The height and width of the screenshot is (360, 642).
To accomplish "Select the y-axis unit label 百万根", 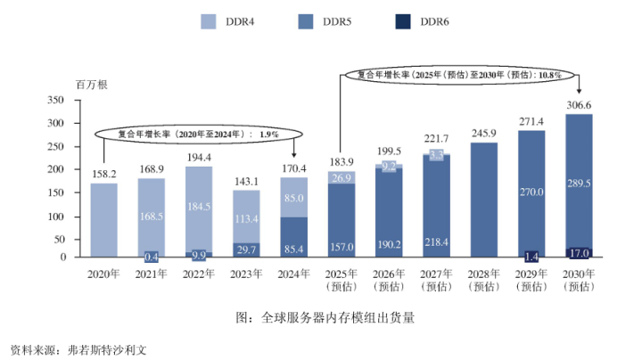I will (91, 85).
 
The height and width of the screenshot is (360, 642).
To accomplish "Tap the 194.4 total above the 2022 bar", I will (199, 156).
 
